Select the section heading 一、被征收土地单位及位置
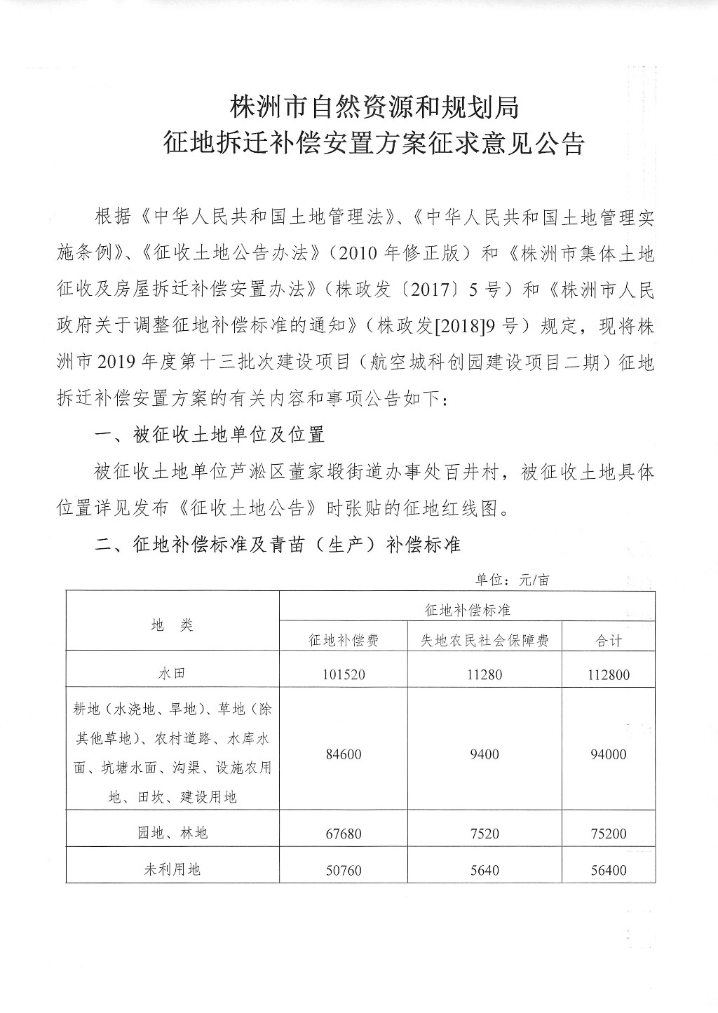tap(210, 435)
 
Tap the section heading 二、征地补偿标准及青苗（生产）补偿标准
tap(278, 544)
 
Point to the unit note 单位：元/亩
tap(513, 580)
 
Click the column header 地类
tap(172, 625)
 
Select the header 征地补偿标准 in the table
tap(467, 609)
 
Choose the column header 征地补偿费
tap(344, 640)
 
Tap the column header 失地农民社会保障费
tap(485, 640)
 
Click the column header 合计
tap(609, 640)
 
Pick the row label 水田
tap(172, 674)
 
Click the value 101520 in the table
tap(344, 675)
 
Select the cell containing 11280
tap(485, 675)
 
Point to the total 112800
tap(609, 675)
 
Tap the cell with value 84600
tap(344, 754)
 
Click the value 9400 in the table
tap(485, 754)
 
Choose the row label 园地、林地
tap(172, 833)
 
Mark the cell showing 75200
tap(609, 834)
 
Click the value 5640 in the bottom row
tap(485, 870)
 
